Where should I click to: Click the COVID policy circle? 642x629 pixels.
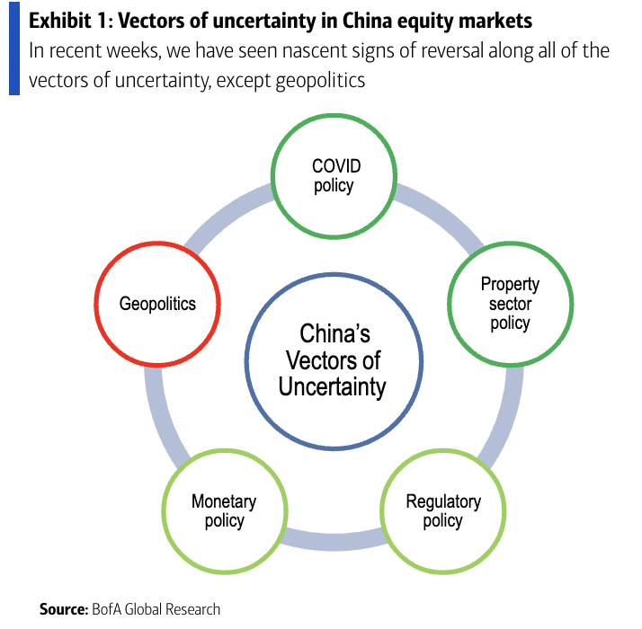[x=333, y=175]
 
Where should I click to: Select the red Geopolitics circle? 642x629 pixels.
[x=156, y=303]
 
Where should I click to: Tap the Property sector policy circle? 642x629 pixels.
[x=510, y=303]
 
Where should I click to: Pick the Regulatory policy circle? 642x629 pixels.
[x=442, y=509]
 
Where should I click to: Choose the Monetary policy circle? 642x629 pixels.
[x=224, y=509]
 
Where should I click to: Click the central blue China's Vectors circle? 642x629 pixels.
[x=334, y=360]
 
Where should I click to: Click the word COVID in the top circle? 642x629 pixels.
[x=334, y=165]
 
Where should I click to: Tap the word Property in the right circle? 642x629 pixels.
[x=510, y=284]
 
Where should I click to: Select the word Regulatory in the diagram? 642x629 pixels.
[x=443, y=501]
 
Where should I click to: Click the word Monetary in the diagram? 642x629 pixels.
[x=224, y=501]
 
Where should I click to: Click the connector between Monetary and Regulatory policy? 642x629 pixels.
[x=334, y=537]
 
